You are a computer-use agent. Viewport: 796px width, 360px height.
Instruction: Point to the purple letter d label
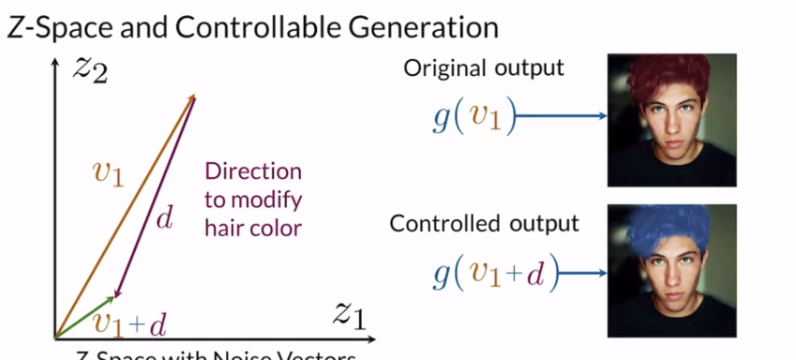coord(163,219)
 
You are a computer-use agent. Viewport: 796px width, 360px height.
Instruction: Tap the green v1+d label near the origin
coord(130,323)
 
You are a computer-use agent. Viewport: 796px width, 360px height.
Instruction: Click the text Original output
coord(484,68)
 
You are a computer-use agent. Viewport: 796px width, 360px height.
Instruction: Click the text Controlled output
coord(484,224)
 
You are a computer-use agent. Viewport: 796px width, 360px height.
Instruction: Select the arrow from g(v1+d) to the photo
coord(580,274)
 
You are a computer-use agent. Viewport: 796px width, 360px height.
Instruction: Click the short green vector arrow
coord(86,316)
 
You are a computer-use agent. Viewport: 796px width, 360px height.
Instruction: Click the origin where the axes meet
coord(57,336)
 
